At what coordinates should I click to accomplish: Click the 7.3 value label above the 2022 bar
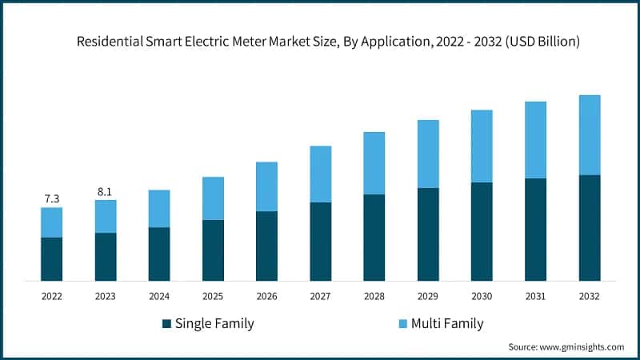tap(52, 198)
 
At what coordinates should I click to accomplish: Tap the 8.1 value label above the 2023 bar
tap(105, 190)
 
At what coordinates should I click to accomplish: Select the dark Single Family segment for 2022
tap(52, 258)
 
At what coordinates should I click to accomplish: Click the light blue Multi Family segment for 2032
tap(589, 134)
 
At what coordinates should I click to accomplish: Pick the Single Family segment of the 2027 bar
tap(320, 241)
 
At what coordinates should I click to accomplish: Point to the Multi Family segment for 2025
tap(213, 198)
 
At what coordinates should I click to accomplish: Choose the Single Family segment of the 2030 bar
tap(482, 231)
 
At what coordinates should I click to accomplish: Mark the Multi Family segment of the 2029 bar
tap(428, 154)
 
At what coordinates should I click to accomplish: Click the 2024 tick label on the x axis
tap(159, 296)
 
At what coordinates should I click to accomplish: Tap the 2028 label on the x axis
tap(374, 296)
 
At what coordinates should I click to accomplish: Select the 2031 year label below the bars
tap(535, 296)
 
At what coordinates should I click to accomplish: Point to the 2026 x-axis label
tap(266, 296)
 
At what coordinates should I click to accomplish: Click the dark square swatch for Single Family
tap(166, 324)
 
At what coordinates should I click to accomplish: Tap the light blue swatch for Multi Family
tap(403, 324)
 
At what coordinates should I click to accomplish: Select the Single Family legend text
tap(214, 324)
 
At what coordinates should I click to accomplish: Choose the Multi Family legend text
tap(447, 324)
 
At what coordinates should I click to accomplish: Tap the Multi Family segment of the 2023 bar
tap(106, 216)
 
